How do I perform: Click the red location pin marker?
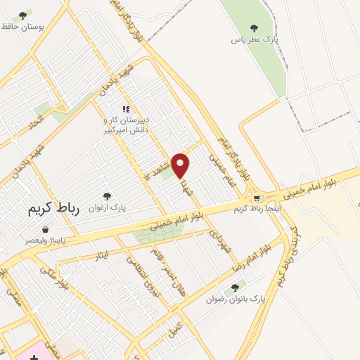point(181,165)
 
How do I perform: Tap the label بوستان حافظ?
point(22,26)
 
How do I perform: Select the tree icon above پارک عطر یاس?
point(254,27)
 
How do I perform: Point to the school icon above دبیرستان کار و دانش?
point(126,109)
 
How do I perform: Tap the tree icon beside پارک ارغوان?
point(107,196)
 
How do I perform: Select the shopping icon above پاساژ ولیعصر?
point(46,229)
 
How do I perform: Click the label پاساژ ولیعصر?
point(46,241)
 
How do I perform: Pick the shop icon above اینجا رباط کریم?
point(257,199)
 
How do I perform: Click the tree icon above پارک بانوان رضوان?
point(235,287)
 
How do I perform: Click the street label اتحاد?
point(35,121)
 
